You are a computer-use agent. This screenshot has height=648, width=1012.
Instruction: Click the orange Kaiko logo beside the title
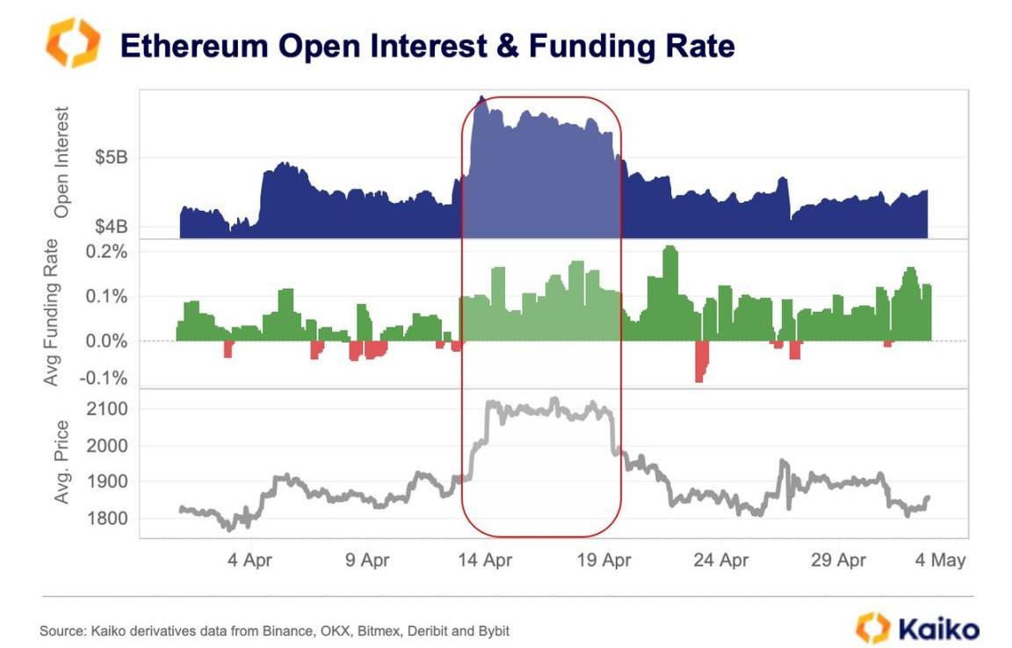[x=73, y=43]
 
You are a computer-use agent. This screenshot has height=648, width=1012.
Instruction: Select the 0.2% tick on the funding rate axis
[x=106, y=252]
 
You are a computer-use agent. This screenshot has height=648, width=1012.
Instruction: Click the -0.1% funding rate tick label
[x=105, y=378]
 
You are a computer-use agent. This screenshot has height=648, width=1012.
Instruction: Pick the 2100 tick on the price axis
[x=108, y=409]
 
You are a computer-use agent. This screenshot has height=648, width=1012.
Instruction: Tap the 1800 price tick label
[x=108, y=519]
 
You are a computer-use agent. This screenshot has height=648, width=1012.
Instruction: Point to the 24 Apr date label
[x=721, y=560]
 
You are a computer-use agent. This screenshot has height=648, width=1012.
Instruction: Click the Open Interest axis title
[x=61, y=163]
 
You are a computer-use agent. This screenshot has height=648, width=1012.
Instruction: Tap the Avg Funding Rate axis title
[x=52, y=313]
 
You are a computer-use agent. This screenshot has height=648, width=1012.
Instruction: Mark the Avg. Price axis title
[x=62, y=463]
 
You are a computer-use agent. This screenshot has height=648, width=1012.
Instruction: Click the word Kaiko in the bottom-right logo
[x=938, y=629]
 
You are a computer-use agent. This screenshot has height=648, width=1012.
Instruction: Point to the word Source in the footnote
[x=59, y=631]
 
